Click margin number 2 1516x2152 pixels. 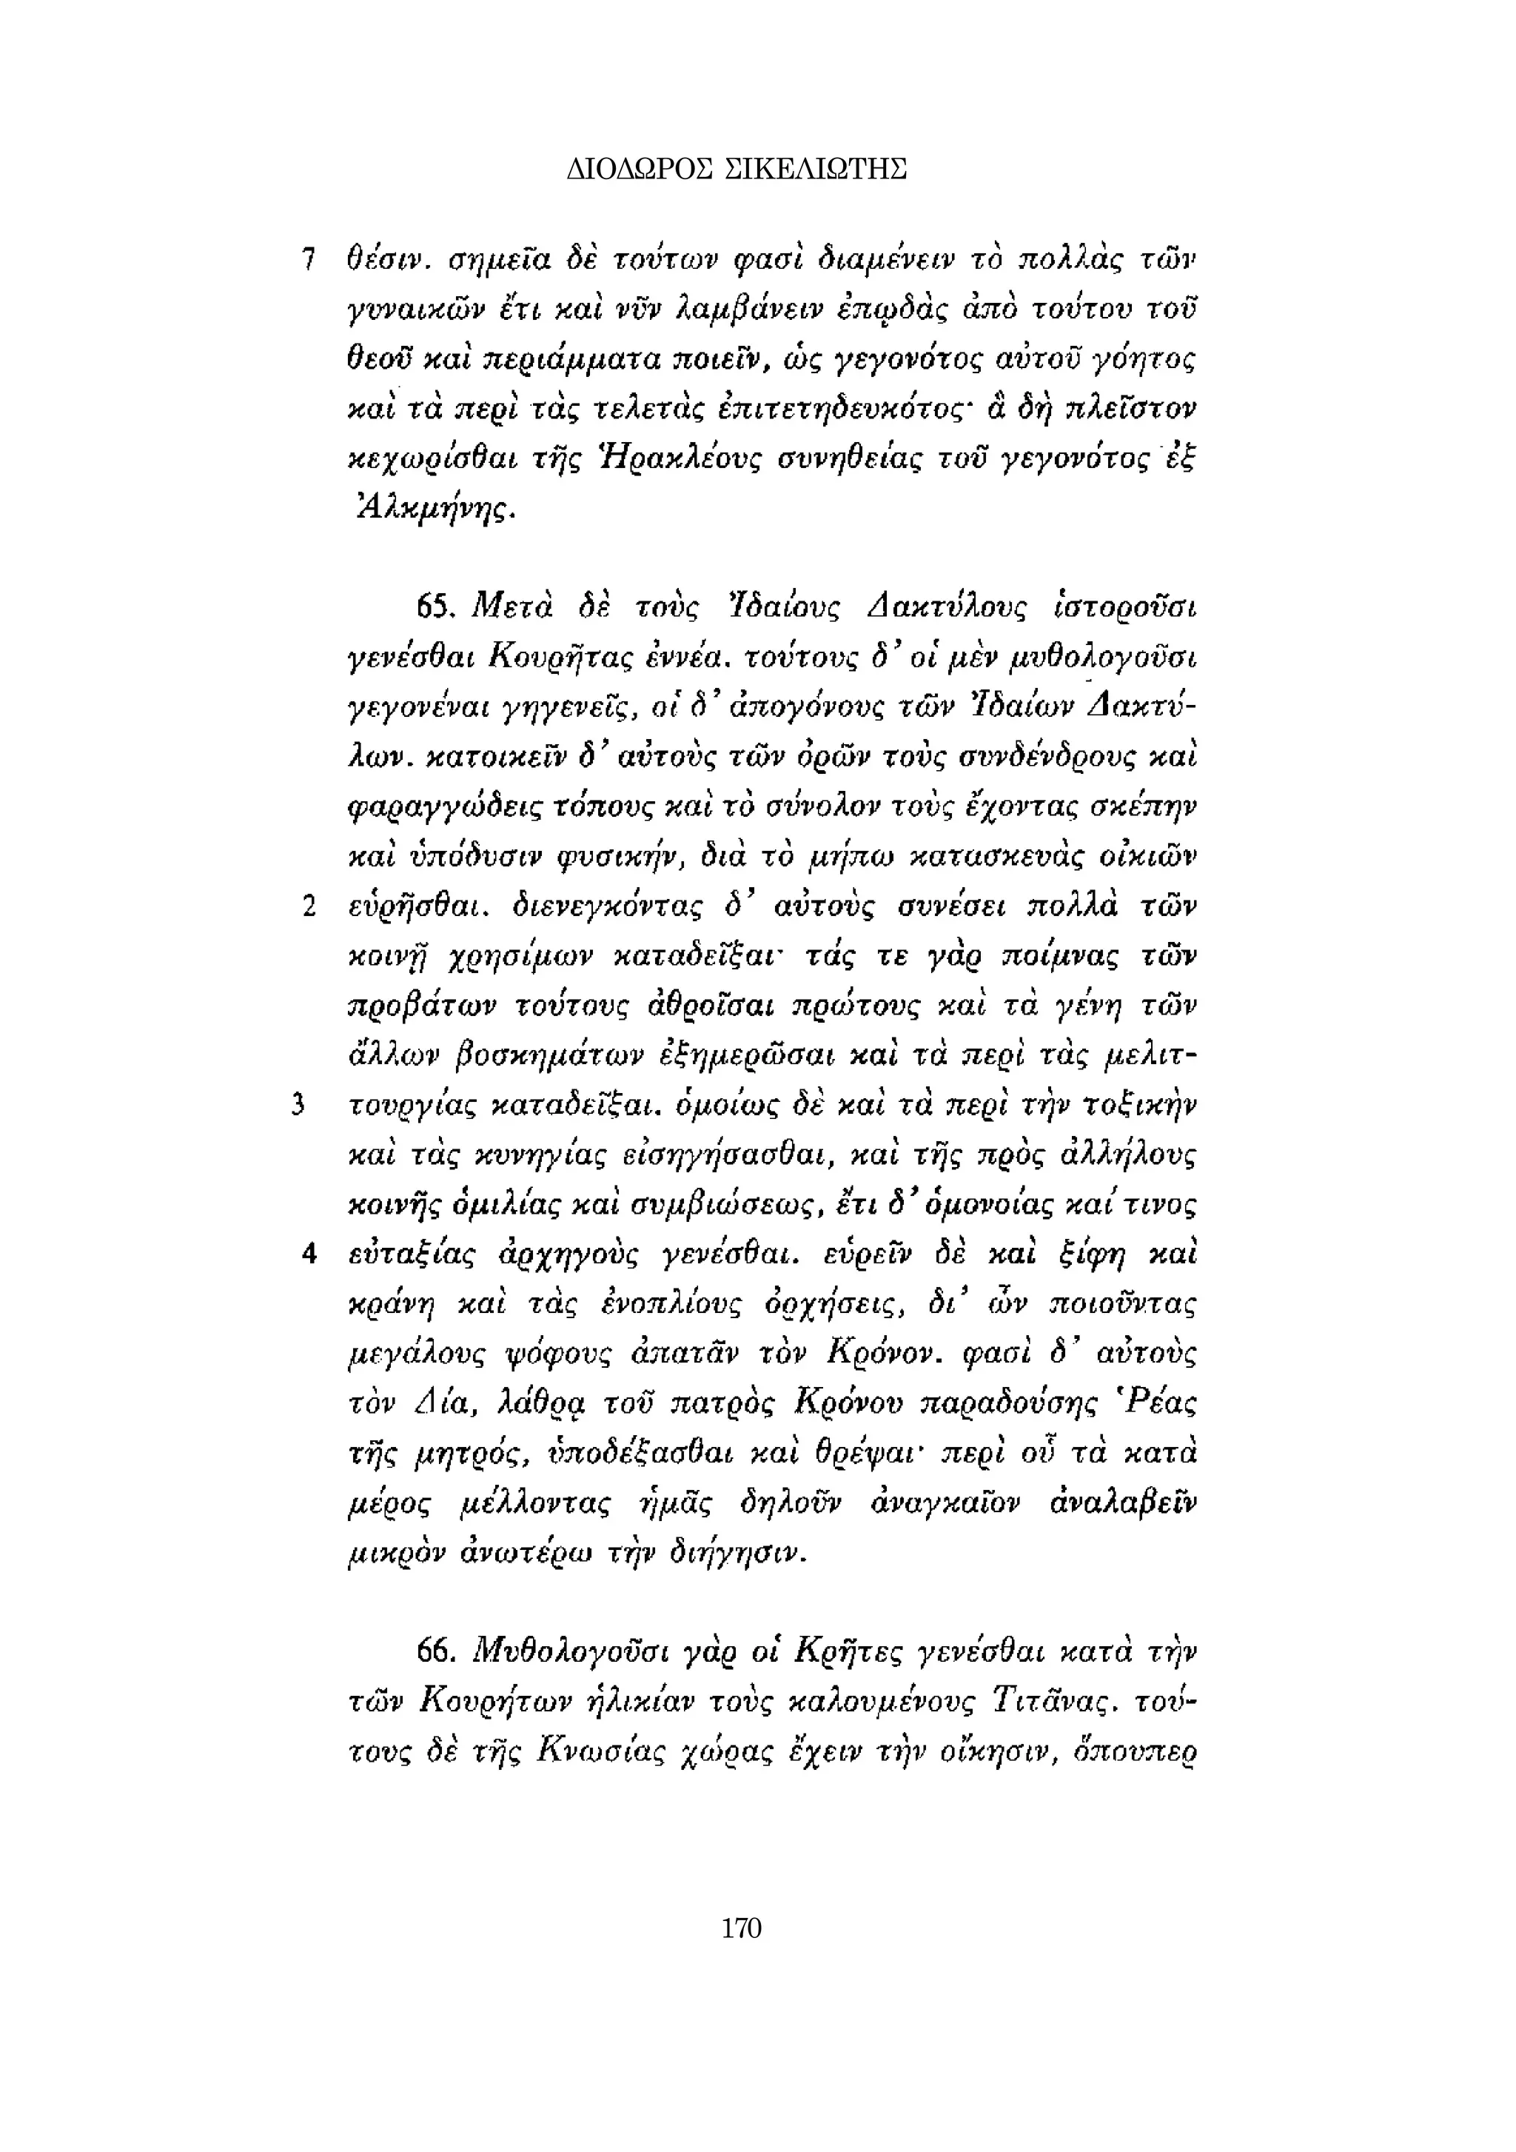click(x=307, y=907)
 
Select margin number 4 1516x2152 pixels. click(x=307, y=1253)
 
